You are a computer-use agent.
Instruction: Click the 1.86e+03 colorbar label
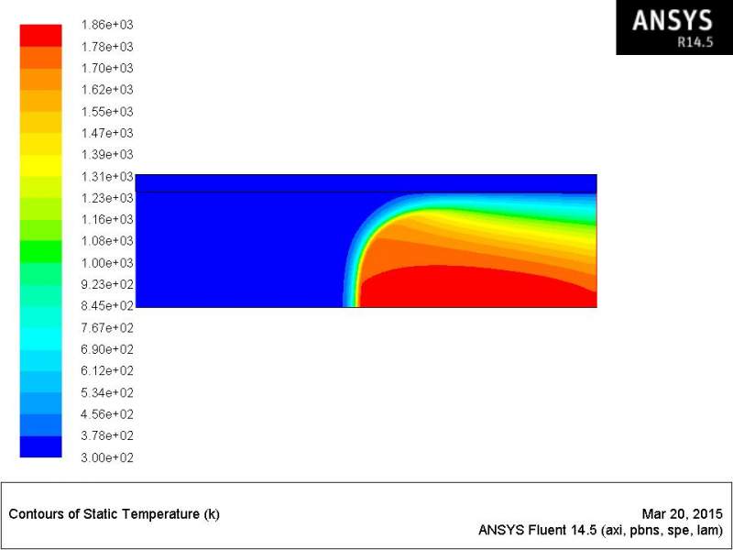[107, 25]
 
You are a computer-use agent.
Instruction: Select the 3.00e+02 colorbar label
[107, 457]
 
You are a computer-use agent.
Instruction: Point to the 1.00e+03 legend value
[107, 263]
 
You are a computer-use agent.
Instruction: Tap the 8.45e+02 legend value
[107, 306]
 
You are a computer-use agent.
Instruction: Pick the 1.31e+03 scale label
[107, 176]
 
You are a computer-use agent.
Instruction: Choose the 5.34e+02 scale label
[107, 392]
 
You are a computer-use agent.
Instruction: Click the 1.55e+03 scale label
[107, 111]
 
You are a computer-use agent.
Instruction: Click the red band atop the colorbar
[40, 36]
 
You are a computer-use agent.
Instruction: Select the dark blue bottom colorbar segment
[40, 446]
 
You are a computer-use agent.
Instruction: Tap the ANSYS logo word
[673, 20]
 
